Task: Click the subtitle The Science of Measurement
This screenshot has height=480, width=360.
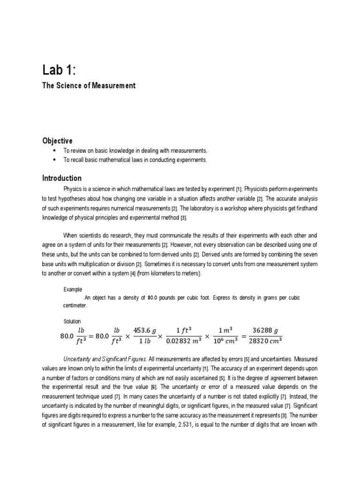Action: tap(89, 86)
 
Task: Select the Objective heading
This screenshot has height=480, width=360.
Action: tap(57, 141)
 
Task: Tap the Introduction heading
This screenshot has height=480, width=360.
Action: tap(61, 178)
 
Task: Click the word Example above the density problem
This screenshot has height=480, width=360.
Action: tap(72, 289)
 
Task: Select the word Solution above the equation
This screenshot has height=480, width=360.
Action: tap(72, 321)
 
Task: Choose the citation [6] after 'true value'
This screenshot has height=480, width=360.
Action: tap(153, 387)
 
